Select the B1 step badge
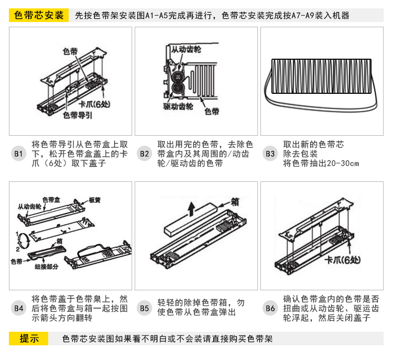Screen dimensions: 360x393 tap(19, 154)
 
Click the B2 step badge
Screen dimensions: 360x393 tap(145, 154)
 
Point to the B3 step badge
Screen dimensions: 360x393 tap(270, 154)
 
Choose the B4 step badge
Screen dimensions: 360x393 tap(19, 308)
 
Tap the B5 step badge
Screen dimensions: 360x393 tap(145, 308)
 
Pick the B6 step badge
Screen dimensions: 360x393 tap(270, 308)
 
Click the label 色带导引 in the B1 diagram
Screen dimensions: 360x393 tap(78, 114)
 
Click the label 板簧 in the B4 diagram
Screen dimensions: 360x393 tap(95, 200)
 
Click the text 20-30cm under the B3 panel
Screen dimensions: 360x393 tap(343, 163)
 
